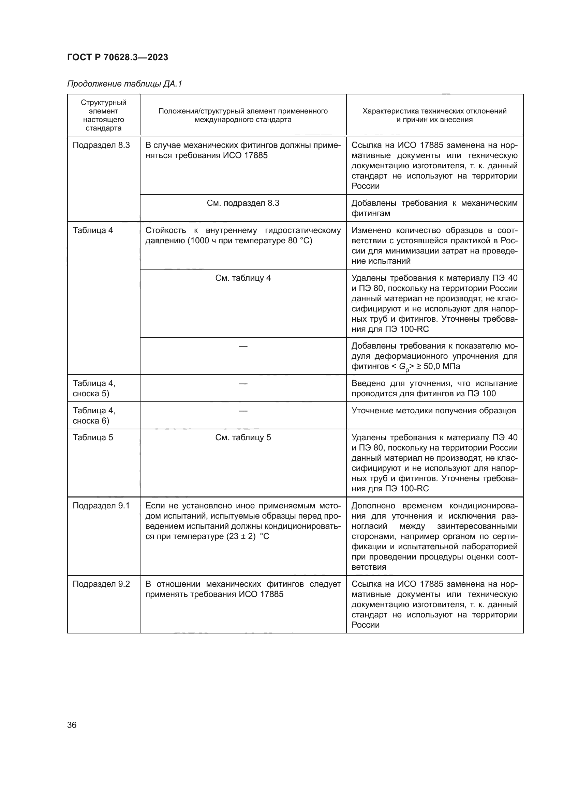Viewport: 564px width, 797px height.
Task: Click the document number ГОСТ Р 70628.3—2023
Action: tap(117, 57)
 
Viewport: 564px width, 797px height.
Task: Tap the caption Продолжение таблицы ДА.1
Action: tap(124, 84)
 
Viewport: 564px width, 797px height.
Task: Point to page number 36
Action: tap(72, 725)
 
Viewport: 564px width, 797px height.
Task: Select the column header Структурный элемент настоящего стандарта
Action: tap(104, 115)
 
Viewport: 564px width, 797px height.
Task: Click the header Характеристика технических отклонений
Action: tap(434, 111)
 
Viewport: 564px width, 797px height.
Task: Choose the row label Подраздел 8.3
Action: tap(101, 145)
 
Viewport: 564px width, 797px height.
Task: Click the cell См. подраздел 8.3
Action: tap(243, 203)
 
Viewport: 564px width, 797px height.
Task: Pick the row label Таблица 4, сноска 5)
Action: tap(94, 388)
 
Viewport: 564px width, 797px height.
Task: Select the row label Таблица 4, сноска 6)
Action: tap(94, 415)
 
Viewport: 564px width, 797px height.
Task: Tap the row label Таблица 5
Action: tap(93, 438)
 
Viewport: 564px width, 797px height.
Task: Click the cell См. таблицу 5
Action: tap(243, 438)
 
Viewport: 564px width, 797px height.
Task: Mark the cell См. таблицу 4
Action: tap(243, 278)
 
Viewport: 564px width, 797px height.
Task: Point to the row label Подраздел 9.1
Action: tap(101, 506)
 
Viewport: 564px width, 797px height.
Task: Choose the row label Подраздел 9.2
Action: tap(101, 584)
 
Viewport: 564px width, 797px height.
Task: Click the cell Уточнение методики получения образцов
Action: tap(434, 411)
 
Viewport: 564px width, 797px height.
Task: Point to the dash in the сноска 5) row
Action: tap(243, 384)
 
